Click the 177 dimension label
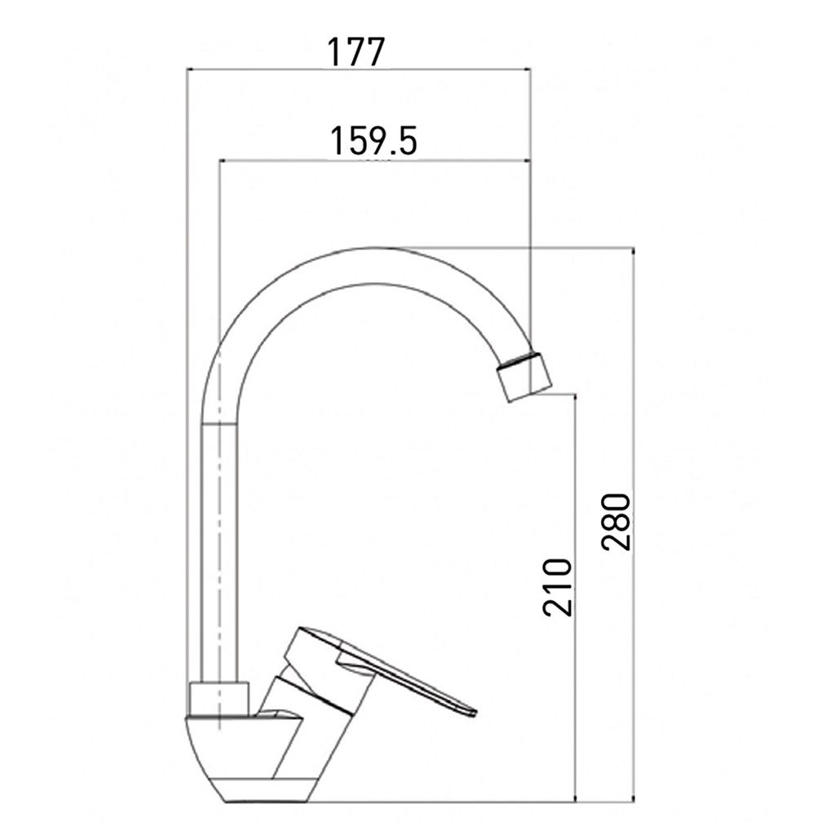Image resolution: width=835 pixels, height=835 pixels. pos(356,51)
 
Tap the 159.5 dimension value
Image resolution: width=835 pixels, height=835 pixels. pos(373,140)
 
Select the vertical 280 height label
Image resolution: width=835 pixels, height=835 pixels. pos(616,521)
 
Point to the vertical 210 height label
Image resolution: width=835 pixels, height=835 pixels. pos(557,587)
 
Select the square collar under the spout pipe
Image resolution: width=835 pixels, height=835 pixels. pos(219,699)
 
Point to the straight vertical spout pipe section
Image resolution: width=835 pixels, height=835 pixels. pos(219,552)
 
